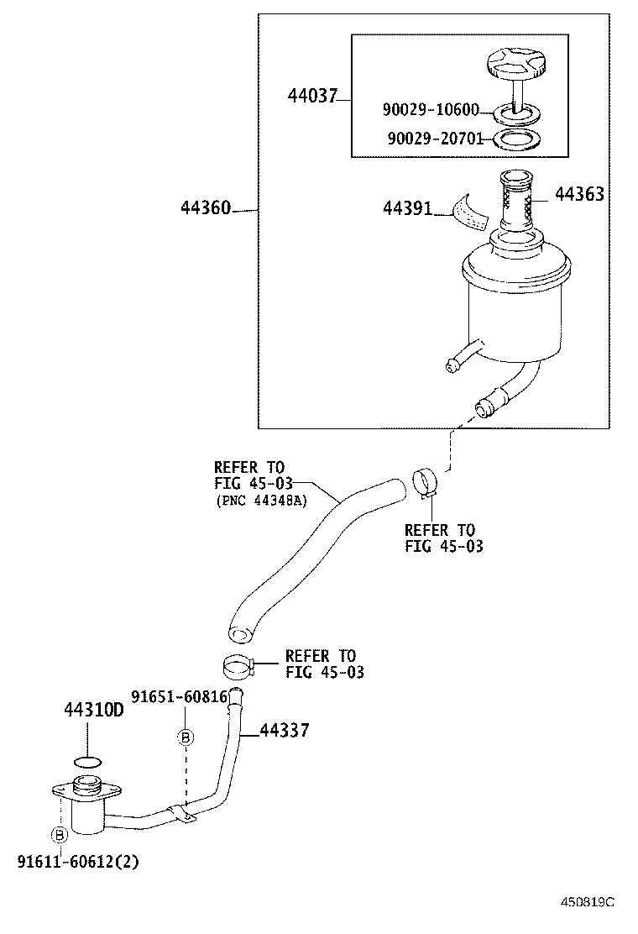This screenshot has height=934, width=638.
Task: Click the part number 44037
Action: pos(311,97)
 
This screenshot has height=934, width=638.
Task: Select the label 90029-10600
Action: pos(431,110)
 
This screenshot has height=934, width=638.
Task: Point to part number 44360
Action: pos(206,207)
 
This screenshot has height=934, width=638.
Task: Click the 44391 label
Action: pos(407,207)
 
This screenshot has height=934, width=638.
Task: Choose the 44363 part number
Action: pos(579,194)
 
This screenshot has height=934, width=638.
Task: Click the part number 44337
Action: pos(285,731)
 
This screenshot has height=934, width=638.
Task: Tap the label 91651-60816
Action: pos(180,696)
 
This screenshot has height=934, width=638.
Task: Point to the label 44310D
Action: pos(93,711)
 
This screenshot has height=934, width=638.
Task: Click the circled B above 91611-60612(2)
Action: pos(60,835)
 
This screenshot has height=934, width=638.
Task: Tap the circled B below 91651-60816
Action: pos(186,737)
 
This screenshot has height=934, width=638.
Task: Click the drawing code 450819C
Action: pos(588,902)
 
